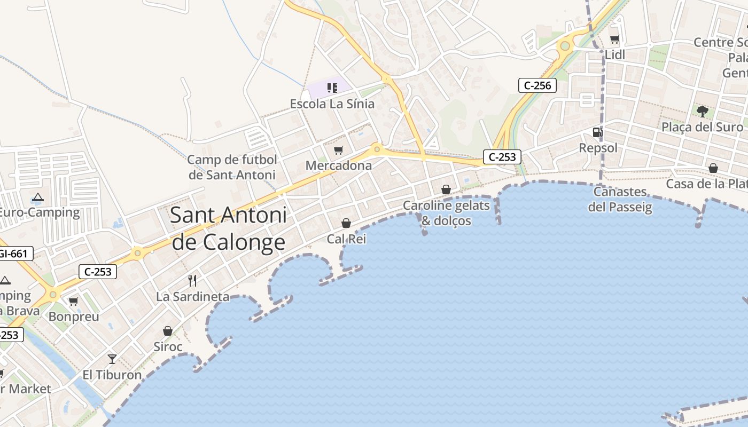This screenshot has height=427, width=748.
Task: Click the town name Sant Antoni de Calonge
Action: (228, 229)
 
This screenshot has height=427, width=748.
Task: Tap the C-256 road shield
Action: (537, 85)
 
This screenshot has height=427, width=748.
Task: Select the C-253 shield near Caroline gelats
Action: (502, 157)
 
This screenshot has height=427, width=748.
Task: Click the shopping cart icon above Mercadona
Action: (338, 151)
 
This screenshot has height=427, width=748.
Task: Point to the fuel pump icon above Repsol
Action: (597, 132)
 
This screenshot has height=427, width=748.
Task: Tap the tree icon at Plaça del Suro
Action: (702, 112)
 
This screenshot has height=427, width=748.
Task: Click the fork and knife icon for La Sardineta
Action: (192, 280)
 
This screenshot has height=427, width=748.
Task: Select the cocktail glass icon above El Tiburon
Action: (112, 359)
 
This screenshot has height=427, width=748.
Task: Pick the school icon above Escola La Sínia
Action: (332, 88)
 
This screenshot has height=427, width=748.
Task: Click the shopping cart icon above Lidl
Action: (615, 39)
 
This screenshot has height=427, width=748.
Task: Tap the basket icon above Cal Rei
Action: (346, 223)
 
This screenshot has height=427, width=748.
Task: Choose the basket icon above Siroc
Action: (168, 331)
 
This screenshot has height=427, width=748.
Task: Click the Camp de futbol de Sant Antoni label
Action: (232, 167)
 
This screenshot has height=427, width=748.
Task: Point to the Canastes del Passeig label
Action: (620, 199)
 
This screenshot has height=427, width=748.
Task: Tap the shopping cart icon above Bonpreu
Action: (74, 302)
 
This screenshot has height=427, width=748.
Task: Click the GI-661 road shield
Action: (15, 254)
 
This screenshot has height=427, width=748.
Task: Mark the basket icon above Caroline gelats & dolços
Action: (446, 189)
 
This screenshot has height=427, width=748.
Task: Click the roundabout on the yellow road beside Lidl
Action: (564, 46)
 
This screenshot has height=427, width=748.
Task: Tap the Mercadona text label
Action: (339, 166)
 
